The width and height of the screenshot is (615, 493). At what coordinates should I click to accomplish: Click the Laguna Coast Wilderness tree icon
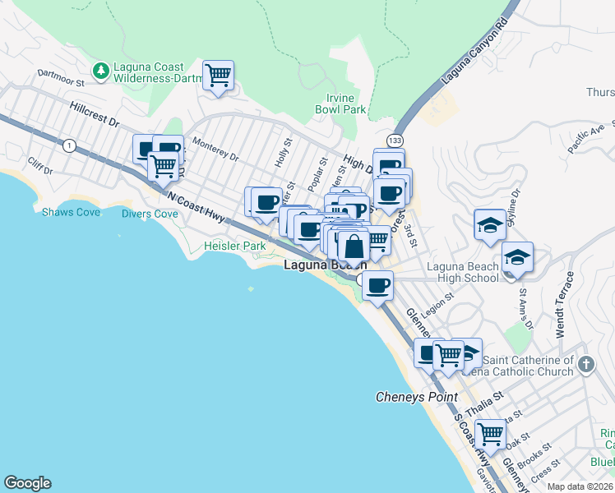101,71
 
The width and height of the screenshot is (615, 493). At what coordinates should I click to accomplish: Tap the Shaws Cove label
71,212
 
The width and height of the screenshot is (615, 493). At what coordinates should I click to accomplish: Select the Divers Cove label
150,214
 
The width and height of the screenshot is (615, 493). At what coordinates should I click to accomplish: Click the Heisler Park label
235,246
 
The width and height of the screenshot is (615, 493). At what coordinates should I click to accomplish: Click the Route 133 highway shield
396,141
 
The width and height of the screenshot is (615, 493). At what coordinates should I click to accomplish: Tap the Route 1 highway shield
70,145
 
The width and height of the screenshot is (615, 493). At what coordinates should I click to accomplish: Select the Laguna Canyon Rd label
476,53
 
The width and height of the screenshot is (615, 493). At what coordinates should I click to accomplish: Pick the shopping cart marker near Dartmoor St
218,76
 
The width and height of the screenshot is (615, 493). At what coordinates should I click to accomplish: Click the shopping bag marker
353,246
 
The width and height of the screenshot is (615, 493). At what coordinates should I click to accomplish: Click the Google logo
27,483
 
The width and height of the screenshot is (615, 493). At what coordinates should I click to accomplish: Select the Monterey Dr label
215,149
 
